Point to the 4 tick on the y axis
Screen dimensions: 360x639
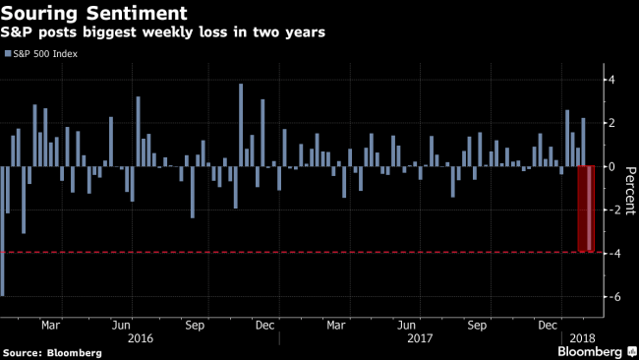coord(610,80)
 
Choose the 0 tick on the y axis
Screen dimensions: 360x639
coord(610,166)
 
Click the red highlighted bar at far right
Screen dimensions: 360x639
coord(587,209)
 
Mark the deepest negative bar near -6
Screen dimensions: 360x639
coord(3,231)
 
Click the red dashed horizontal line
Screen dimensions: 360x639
coord(295,253)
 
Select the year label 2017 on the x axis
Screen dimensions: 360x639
coord(421,337)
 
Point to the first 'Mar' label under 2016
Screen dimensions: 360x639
coord(51,324)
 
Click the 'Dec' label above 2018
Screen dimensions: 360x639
coord(547,324)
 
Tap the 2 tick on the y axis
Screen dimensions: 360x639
coord(610,123)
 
